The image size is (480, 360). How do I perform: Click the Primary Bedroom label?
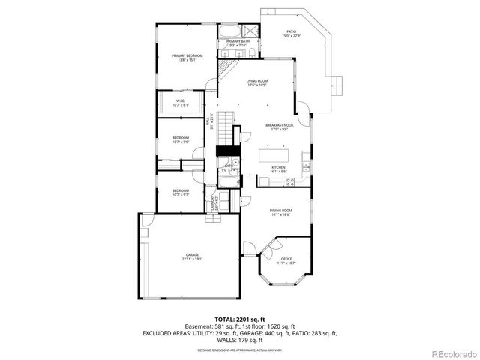(187, 58)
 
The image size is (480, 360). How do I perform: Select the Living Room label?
(257, 82)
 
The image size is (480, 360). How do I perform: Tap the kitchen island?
(274, 155)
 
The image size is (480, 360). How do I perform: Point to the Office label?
(286, 260)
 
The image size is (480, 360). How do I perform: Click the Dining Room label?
(280, 212)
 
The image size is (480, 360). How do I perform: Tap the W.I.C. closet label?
(181, 102)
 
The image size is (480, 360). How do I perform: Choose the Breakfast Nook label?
(277, 127)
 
